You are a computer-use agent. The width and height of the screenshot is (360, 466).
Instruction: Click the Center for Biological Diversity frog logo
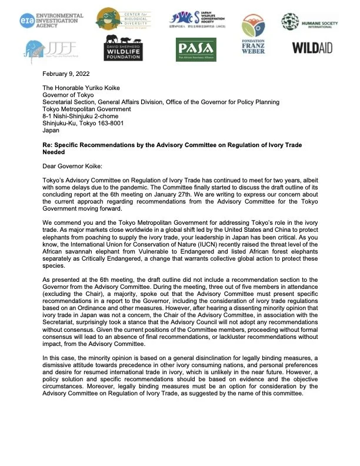coord(124,21)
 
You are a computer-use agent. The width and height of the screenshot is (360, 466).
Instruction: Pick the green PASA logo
coord(196,48)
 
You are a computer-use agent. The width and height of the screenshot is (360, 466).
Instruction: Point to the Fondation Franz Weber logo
coord(254,43)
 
